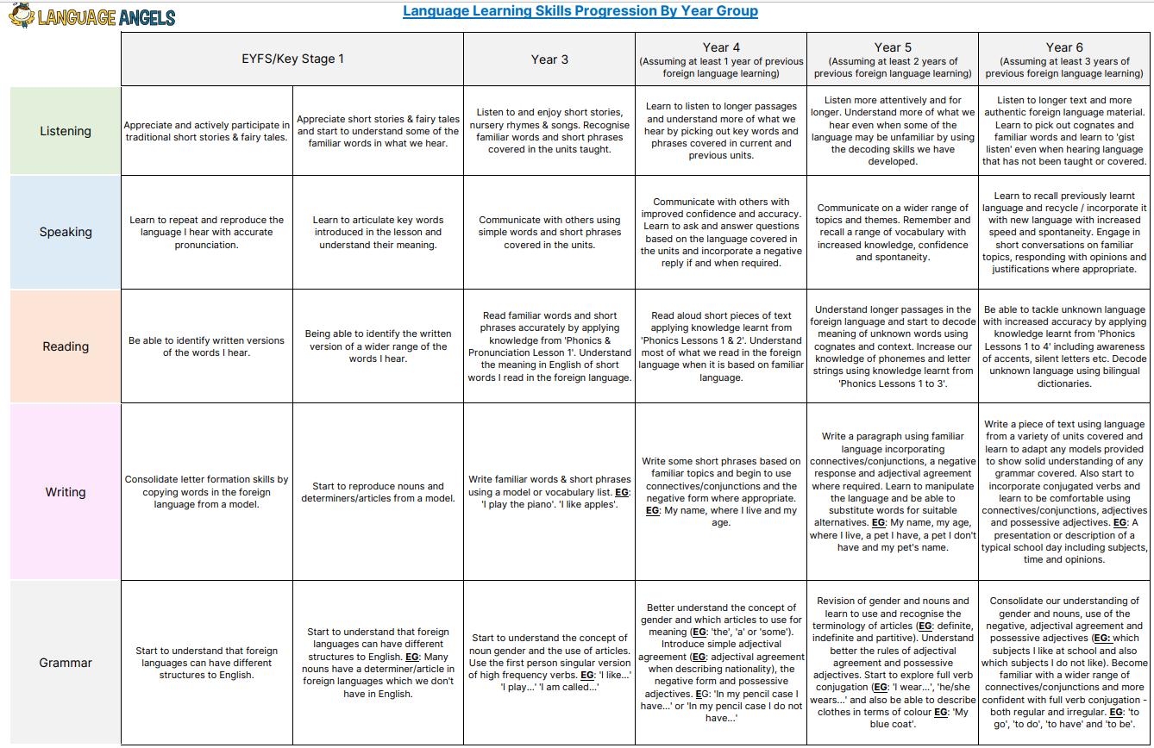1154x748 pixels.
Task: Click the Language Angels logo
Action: [91, 16]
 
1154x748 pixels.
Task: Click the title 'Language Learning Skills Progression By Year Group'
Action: [580, 11]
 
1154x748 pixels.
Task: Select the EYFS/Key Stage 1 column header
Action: [292, 59]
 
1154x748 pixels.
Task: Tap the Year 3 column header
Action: [549, 59]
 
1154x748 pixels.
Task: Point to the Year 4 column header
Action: [721, 59]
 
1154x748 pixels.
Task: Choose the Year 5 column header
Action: [893, 59]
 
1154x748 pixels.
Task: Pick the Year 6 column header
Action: [1064, 59]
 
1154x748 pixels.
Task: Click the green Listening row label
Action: [66, 131]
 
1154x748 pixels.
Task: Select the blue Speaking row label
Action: [66, 232]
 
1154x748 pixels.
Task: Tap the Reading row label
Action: [66, 346]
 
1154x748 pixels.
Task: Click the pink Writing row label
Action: [66, 492]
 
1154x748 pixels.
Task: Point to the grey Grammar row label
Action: [66, 663]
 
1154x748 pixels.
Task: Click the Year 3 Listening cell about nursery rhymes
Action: [549, 131]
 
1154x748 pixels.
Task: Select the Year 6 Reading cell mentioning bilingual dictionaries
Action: [1064, 346]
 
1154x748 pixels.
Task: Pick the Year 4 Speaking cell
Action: [721, 233]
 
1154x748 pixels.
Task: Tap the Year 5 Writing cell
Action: [893, 492]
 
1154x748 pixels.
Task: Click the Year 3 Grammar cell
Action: [549, 663]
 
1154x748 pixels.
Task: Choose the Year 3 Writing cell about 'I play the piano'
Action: [549, 492]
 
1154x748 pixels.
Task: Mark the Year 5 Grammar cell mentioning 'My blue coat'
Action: [893, 663]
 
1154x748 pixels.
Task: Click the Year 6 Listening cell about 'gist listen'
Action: [1064, 131]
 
